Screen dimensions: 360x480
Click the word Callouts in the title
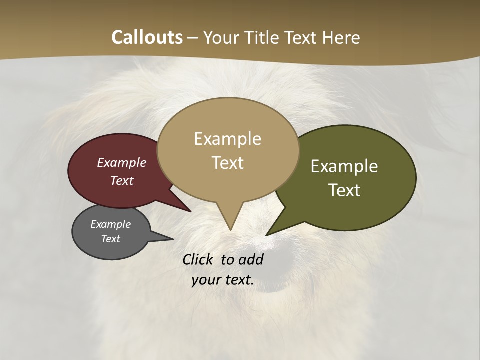[x=147, y=37]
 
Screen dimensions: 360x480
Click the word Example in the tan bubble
[x=227, y=139]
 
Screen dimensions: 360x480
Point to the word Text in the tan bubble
[x=228, y=163]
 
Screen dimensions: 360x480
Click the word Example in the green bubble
[x=344, y=166]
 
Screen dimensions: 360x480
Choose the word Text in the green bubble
[x=344, y=190]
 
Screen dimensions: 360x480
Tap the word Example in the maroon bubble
[x=122, y=162]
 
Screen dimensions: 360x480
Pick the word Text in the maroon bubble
[x=122, y=180]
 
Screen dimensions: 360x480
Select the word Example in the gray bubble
[x=111, y=224]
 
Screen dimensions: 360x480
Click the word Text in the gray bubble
[x=111, y=239]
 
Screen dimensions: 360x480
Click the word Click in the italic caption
[x=198, y=259]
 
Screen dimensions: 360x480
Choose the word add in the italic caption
[x=251, y=259]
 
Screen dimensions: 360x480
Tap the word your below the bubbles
[x=205, y=280]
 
